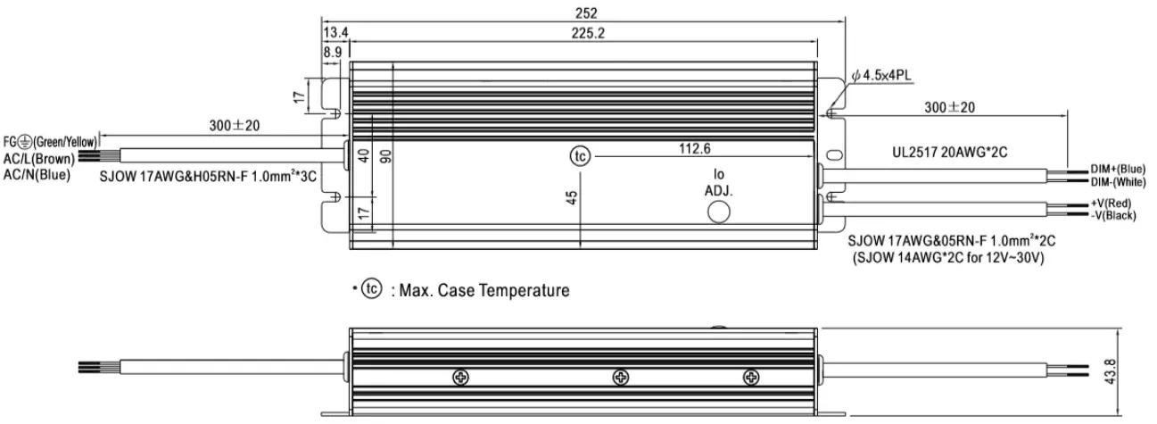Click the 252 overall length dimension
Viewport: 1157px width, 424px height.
(586, 12)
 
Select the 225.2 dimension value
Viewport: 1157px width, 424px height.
(588, 33)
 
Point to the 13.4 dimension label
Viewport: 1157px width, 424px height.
(335, 32)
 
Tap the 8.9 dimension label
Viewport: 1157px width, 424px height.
(333, 53)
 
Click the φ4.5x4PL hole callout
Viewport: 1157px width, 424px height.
(881, 76)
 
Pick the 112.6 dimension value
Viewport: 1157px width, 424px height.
(695, 149)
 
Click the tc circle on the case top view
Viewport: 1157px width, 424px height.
(580, 156)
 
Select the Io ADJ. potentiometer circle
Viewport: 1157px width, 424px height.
(718, 212)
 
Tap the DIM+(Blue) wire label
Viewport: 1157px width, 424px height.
(1118, 169)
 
